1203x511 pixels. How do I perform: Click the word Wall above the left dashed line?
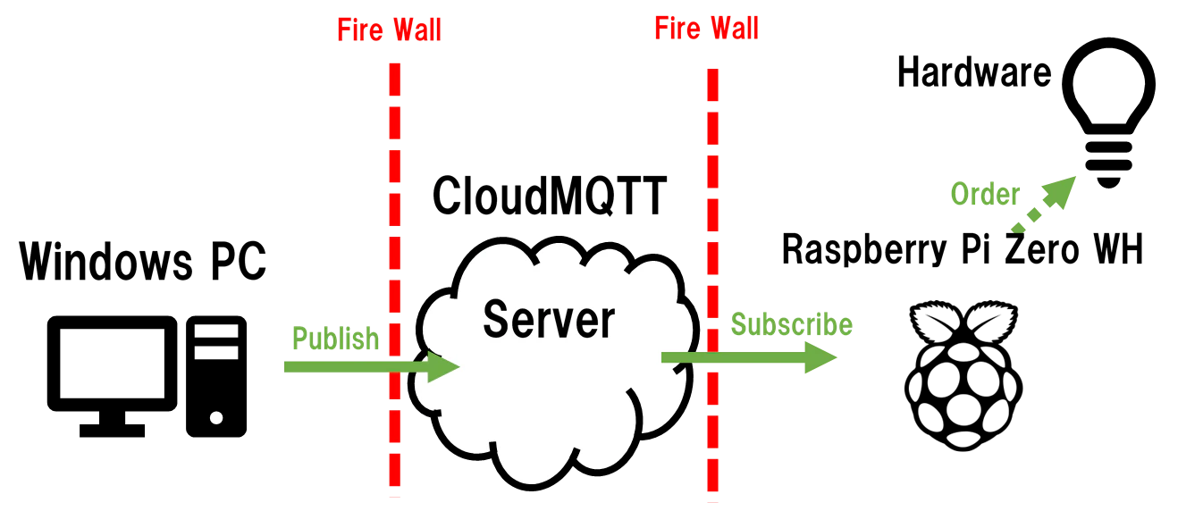pyautogui.click(x=414, y=29)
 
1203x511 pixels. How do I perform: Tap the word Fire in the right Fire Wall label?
pyautogui.click(x=677, y=29)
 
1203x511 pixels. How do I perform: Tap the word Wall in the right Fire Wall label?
pyautogui.click(x=730, y=29)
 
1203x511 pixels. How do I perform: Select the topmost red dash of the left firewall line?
pyautogui.click(x=393, y=80)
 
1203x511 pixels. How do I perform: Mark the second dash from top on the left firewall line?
pyautogui.click(x=393, y=121)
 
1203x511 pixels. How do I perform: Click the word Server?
pyautogui.click(x=549, y=319)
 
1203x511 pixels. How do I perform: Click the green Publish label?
pyautogui.click(x=336, y=338)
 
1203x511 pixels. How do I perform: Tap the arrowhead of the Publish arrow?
pyautogui.click(x=444, y=366)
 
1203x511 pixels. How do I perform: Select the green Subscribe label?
pyautogui.click(x=792, y=323)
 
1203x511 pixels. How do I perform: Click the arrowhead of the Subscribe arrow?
pyautogui.click(x=822, y=358)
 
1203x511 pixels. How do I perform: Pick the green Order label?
pyautogui.click(x=985, y=193)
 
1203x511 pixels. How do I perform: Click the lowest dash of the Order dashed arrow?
pyautogui.click(x=1017, y=230)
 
